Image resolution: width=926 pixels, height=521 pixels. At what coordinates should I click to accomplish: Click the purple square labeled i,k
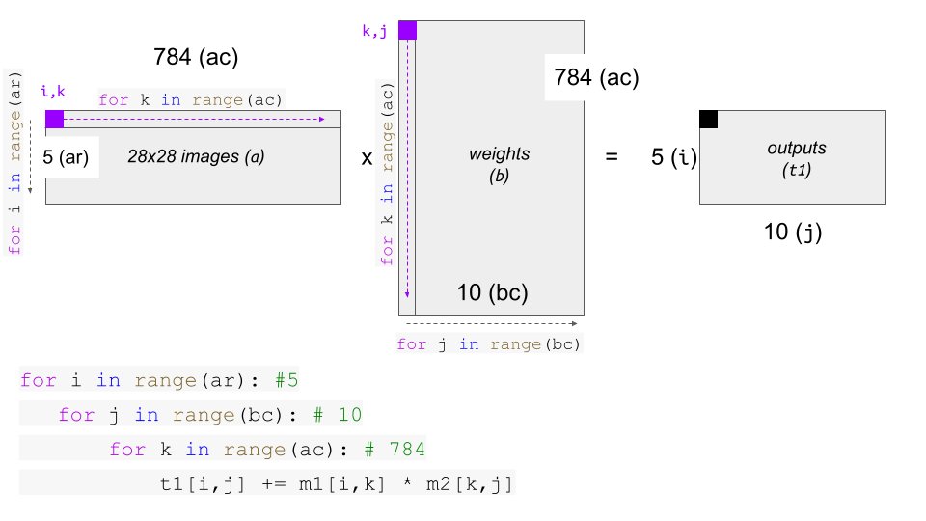[x=54, y=120]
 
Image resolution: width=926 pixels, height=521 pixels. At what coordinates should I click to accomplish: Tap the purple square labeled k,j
[x=407, y=30]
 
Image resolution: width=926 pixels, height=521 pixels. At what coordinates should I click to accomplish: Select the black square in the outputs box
[x=709, y=120]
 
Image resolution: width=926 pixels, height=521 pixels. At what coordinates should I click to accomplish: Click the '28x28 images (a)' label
[x=196, y=156]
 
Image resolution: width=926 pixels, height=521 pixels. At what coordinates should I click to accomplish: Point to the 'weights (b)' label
[x=499, y=165]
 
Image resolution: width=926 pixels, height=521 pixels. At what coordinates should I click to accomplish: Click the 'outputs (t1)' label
[x=797, y=158]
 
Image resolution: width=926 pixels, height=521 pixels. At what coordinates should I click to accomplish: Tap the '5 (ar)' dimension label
[x=66, y=157]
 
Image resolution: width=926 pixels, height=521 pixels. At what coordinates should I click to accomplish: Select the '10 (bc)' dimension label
[x=493, y=292]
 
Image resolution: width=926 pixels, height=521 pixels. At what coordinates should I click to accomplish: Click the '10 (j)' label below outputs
[x=793, y=232]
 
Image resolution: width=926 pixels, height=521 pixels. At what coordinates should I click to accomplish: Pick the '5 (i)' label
[x=674, y=157]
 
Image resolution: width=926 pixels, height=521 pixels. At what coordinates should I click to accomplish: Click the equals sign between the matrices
[x=612, y=156]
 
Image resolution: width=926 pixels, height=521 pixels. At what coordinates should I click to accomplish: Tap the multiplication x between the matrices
[x=367, y=158]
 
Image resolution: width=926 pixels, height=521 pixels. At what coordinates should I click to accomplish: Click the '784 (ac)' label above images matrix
[x=196, y=57]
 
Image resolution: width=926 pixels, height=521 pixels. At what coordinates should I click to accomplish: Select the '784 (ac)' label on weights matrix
[x=596, y=77]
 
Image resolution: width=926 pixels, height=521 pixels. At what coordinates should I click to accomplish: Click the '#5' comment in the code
[x=286, y=380]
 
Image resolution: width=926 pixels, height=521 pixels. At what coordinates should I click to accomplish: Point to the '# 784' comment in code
[x=394, y=450]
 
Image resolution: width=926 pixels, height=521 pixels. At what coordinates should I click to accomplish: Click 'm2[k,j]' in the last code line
[x=469, y=484]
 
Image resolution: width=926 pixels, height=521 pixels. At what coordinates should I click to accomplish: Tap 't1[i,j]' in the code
[x=202, y=484]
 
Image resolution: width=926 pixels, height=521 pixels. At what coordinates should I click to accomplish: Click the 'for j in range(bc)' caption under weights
[x=489, y=344]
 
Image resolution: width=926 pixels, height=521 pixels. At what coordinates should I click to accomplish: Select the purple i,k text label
[x=53, y=92]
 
